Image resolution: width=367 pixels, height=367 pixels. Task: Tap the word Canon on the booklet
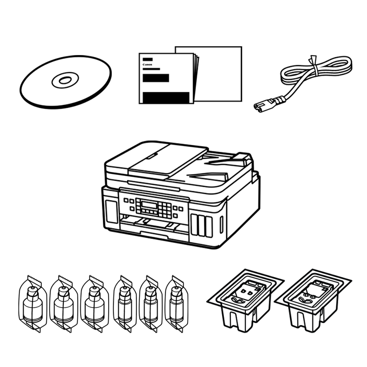click(147, 64)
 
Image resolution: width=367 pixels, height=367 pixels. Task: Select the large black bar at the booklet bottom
click(166, 97)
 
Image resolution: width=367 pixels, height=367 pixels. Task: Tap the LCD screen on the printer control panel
click(150, 205)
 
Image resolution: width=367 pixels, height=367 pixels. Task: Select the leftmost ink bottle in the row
click(33, 304)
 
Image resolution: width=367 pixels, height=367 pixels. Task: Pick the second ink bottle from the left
click(63, 304)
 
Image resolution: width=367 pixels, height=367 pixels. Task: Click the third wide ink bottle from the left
click(95, 304)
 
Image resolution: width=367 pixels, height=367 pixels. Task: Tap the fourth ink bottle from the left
click(125, 304)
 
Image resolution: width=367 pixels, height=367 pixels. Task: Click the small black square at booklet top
click(147, 60)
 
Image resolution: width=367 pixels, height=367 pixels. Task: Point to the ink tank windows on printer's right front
click(201, 226)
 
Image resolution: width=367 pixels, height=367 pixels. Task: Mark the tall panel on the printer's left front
click(111, 211)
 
